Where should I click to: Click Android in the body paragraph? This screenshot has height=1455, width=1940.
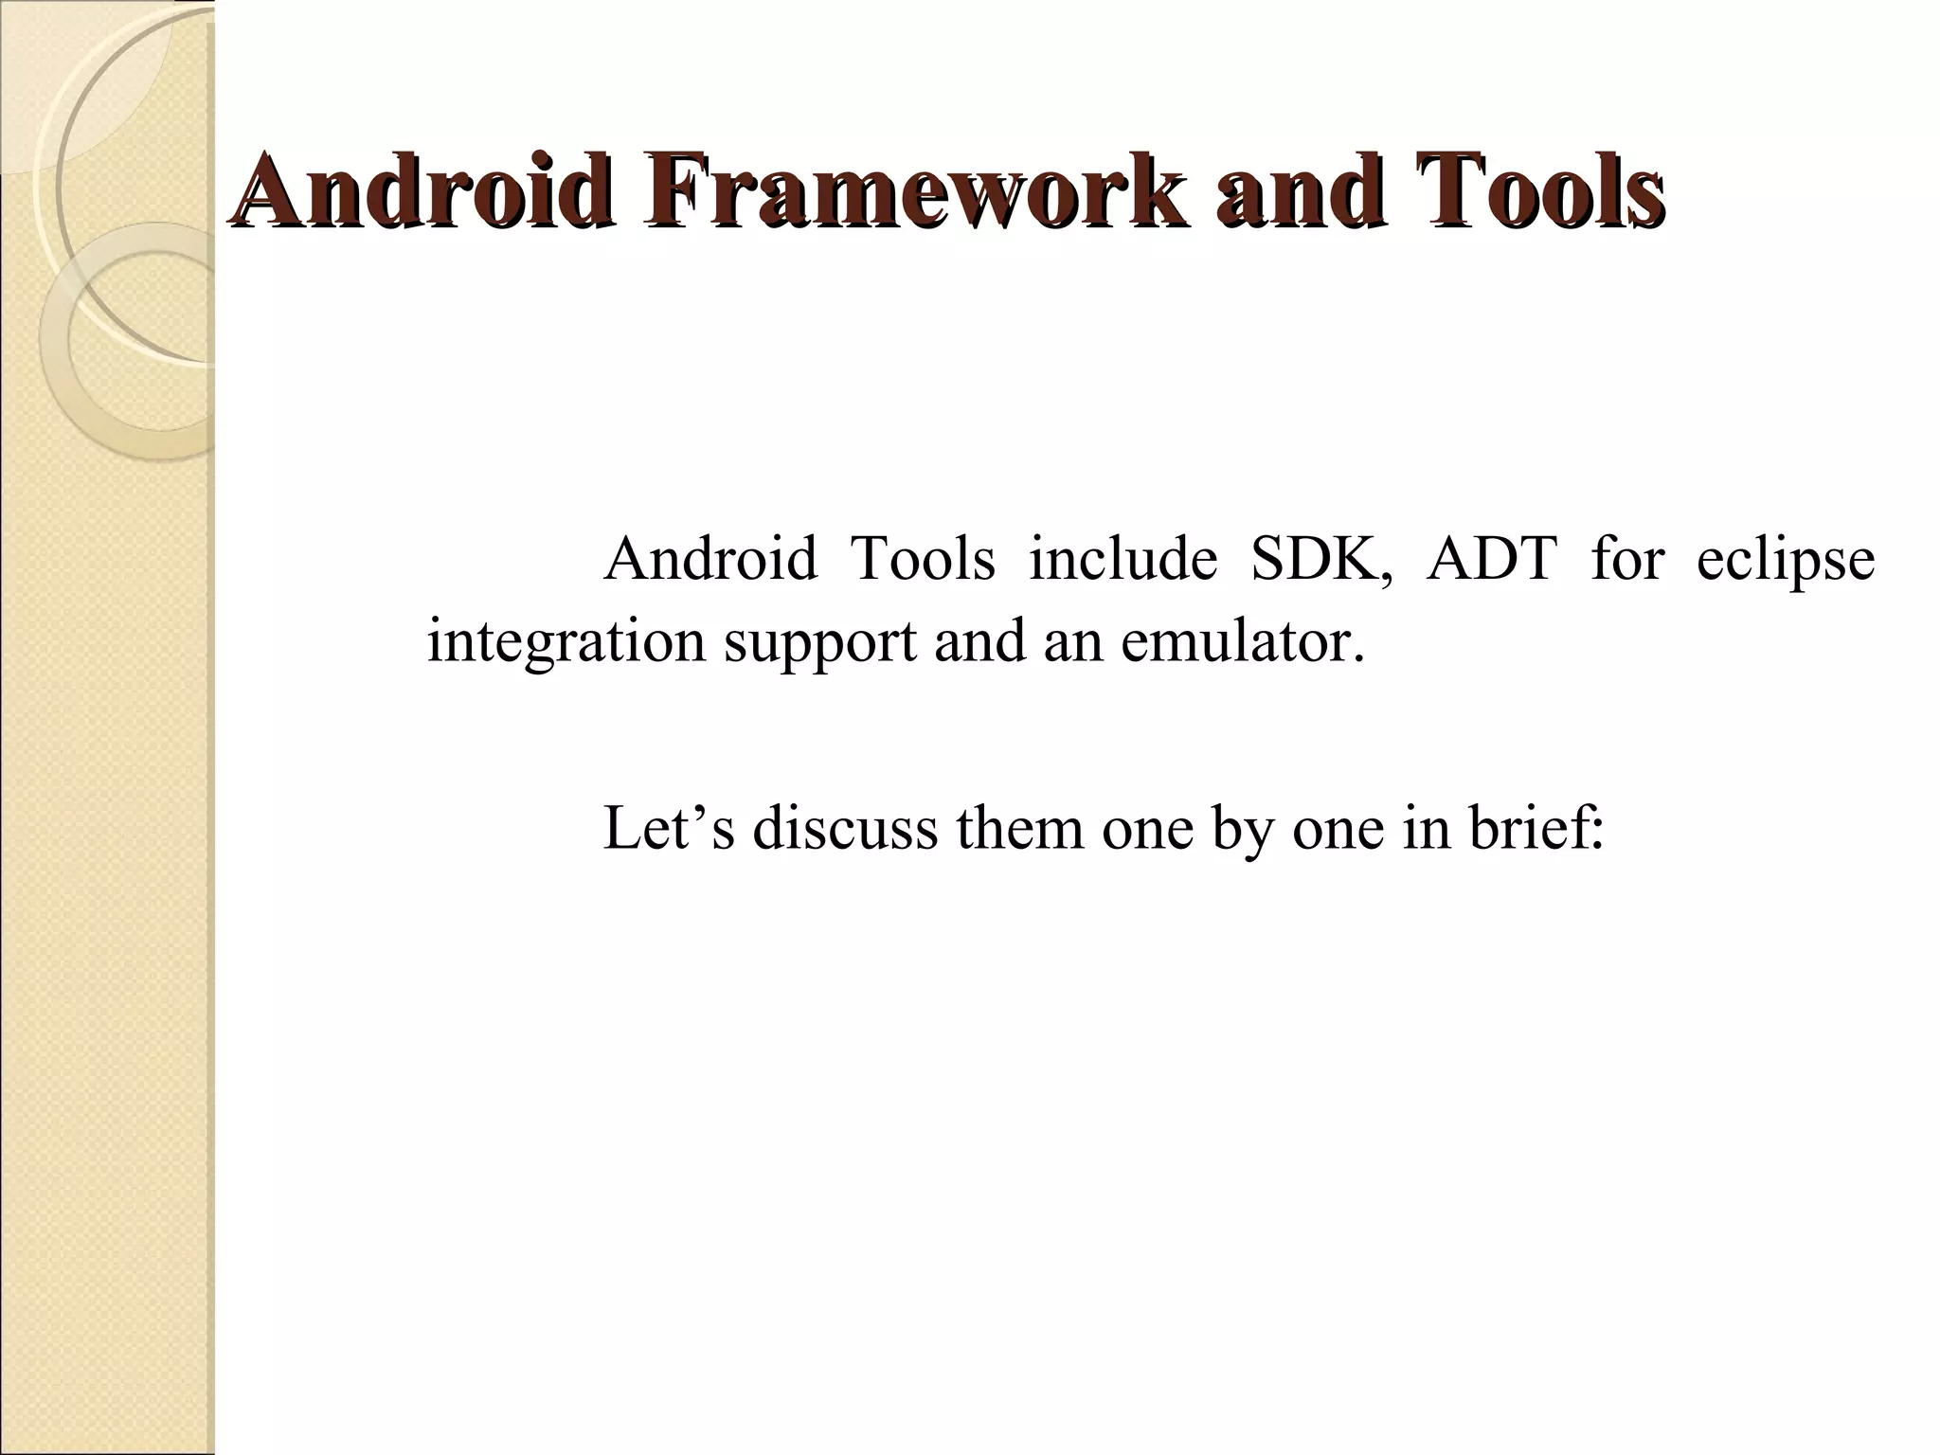(x=710, y=559)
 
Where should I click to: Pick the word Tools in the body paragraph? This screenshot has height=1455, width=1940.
(x=924, y=559)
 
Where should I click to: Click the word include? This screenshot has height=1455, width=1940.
(x=1123, y=559)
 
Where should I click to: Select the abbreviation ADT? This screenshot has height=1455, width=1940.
(x=1492, y=559)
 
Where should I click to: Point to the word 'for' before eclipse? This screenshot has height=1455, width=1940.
(x=1627, y=559)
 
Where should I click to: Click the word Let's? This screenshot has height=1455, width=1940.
(x=669, y=827)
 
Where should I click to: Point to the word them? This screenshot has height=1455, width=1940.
(x=1019, y=827)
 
